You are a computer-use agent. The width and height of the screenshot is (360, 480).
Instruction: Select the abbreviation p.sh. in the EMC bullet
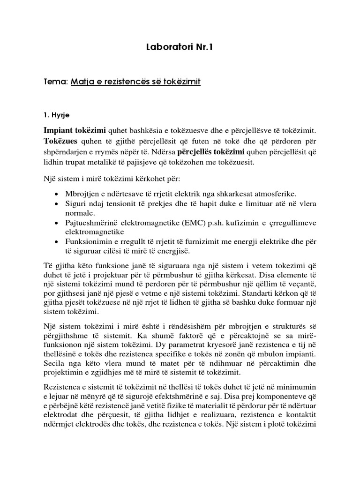tap(200, 223)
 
